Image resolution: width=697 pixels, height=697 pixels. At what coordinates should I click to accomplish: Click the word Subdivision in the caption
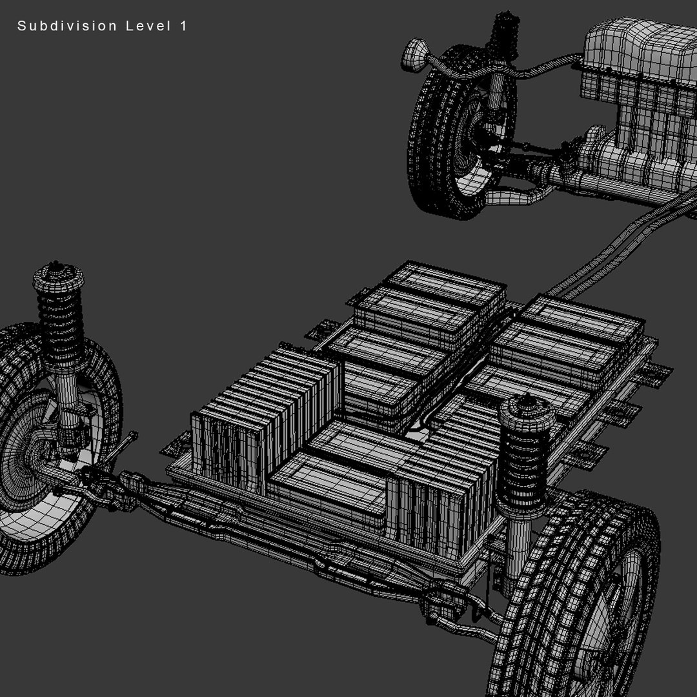tap(67, 26)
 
